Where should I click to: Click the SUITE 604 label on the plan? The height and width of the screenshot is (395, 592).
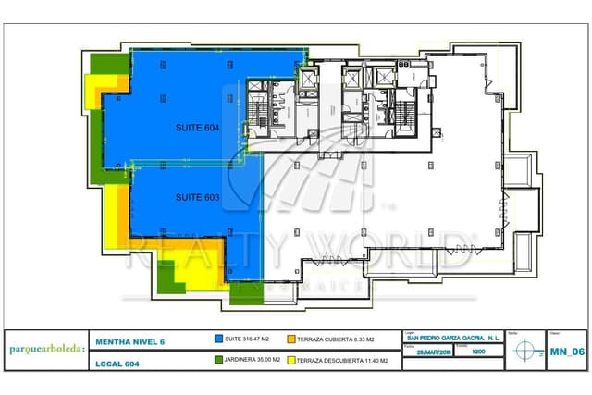coord(197,128)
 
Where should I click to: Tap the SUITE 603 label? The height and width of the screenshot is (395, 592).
coord(197,197)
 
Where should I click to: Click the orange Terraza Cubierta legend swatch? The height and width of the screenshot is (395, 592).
coord(290,339)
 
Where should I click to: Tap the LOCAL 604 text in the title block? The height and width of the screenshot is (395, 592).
coord(117,363)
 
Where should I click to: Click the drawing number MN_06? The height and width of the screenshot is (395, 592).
coord(566,351)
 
